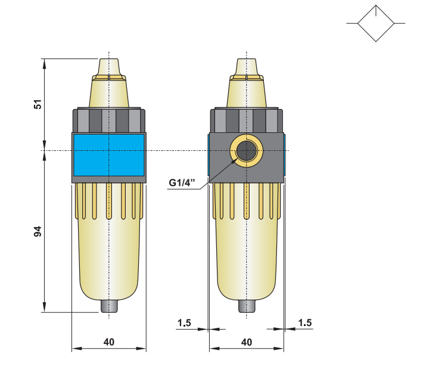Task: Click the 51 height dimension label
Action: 38,104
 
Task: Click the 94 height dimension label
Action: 38,231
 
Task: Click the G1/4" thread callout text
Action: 182,183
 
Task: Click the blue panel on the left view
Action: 108,154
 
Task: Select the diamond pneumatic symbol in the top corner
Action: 376,23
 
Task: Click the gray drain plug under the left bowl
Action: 108,306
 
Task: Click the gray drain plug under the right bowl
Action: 246,306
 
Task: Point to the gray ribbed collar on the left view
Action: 108,120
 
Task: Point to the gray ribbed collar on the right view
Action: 246,120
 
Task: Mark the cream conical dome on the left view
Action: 109,92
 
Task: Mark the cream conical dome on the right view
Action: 246,92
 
